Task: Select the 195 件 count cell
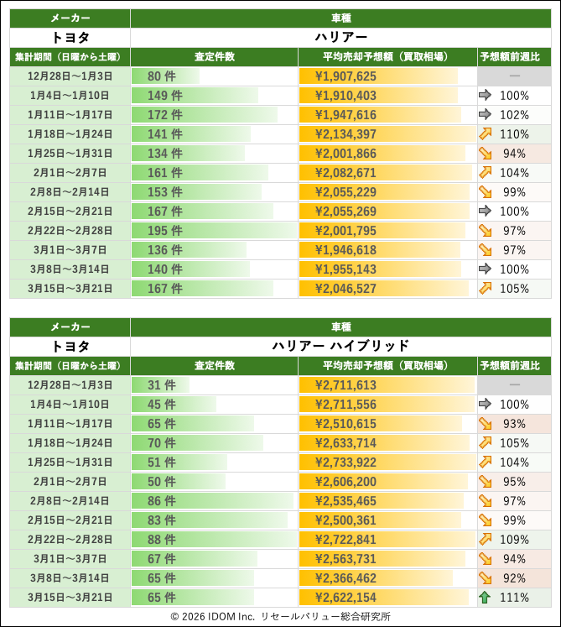165,231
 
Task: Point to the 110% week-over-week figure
513,134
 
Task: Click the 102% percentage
513,115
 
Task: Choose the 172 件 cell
165,115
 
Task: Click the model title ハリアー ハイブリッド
340,346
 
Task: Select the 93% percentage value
513,424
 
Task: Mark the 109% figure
513,540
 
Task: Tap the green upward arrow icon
486,598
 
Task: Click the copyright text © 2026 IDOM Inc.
213,616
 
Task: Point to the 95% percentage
513,482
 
